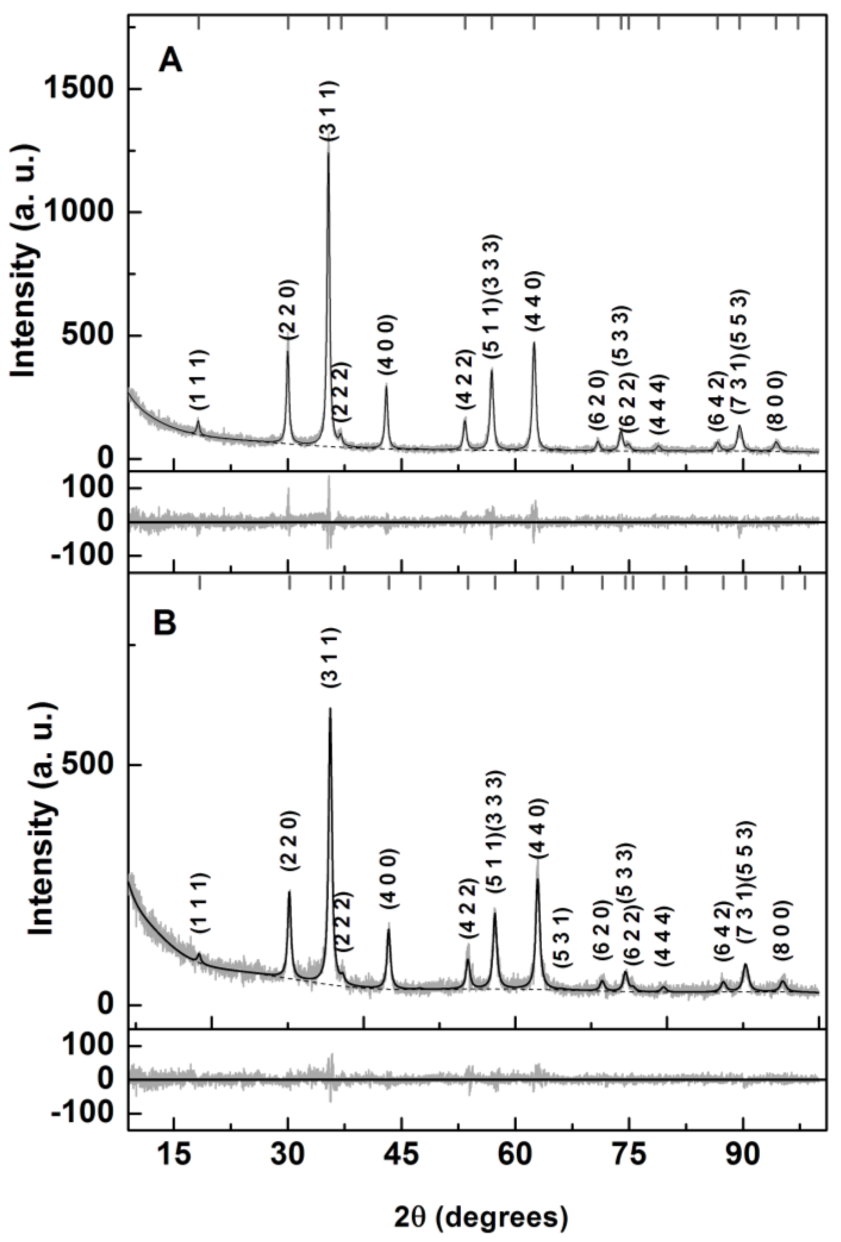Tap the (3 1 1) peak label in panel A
tap(329, 111)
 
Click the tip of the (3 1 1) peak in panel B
tap(330, 709)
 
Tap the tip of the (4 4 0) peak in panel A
tap(534, 343)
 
